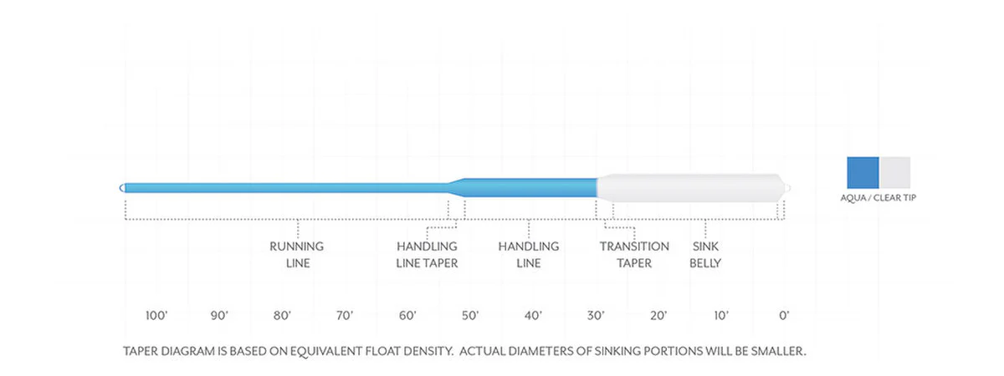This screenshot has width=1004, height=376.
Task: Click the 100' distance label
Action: [156, 316]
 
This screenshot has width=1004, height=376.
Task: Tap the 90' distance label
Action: [219, 316]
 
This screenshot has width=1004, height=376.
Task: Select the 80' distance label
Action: [282, 316]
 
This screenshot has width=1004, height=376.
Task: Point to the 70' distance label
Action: [345, 316]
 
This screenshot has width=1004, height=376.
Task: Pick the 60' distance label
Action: [407, 316]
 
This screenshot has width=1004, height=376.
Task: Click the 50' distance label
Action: [470, 316]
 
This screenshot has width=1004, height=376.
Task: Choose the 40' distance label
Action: [533, 316]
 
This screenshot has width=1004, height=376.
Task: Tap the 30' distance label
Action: [596, 316]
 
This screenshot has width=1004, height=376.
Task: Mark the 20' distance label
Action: [658, 316]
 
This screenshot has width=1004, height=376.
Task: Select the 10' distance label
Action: [721, 316]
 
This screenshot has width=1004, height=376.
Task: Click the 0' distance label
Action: [784, 316]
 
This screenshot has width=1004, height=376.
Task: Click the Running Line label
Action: [297, 255]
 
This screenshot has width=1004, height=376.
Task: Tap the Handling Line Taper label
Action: [427, 255]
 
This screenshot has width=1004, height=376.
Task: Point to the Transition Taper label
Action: [634, 255]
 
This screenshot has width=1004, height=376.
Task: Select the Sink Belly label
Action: [705, 255]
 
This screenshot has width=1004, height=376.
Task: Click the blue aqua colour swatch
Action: [863, 173]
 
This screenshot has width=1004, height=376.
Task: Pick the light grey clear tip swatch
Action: [895, 173]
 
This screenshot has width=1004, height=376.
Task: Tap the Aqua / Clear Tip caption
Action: [878, 198]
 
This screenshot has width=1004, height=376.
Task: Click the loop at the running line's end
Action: [122, 188]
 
